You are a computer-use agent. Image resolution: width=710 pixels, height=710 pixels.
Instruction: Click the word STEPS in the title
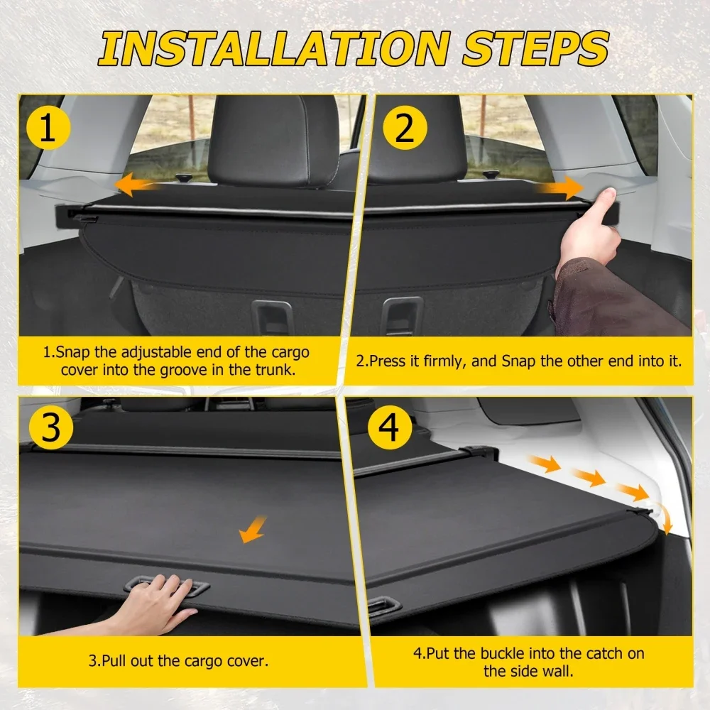click(x=535, y=48)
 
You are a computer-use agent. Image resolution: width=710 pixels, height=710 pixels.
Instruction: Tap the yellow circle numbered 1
click(x=48, y=127)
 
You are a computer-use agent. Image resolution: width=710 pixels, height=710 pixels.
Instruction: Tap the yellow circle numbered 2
click(x=405, y=128)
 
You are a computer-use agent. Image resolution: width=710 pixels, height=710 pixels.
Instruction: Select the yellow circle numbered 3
click(x=50, y=427)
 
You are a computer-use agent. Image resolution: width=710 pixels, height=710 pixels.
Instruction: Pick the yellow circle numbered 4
click(x=389, y=427)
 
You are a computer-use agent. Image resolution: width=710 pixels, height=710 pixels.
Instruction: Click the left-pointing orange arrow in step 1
click(x=136, y=185)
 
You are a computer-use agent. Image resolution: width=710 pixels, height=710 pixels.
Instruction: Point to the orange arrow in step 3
click(x=253, y=529)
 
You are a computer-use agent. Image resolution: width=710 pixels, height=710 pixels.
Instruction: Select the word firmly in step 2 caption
click(x=444, y=361)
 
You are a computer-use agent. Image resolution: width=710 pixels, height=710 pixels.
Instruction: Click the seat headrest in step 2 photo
click(x=417, y=138)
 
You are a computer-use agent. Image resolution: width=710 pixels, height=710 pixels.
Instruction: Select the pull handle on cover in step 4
click(x=384, y=606)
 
